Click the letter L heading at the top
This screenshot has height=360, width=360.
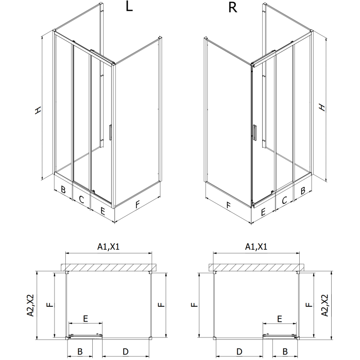pos(129,8)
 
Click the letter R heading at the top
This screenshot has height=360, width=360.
pos(232,8)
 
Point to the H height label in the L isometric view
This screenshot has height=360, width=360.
pos(38,110)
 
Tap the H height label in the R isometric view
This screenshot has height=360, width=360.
pos(322,107)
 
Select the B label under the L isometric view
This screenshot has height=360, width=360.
pos(63,190)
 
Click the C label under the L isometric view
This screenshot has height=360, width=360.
pos(82,199)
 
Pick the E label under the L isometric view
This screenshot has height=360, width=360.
pos(103,210)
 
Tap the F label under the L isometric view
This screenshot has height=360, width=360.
pos(138,204)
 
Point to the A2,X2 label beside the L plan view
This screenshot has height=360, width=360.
pos(30,306)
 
